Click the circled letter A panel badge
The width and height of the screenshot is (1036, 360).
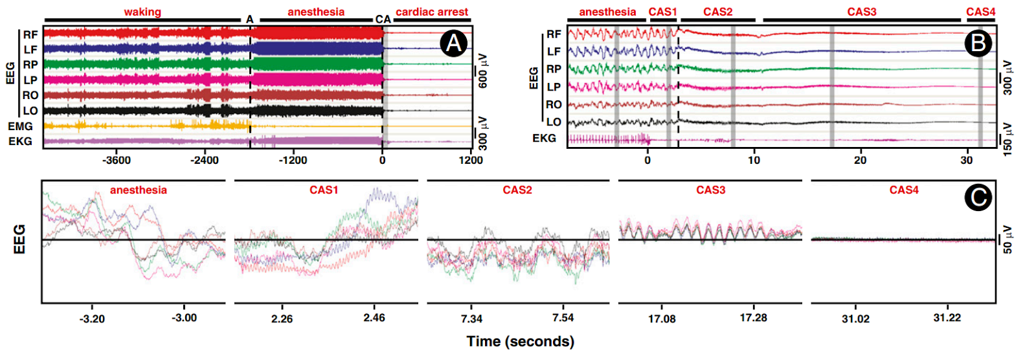point(453,43)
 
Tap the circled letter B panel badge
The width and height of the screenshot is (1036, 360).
point(978,43)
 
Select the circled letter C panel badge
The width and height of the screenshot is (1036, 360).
point(978,197)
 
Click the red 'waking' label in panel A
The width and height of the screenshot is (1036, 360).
point(142,12)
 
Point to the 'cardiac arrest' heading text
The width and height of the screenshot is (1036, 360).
point(432,12)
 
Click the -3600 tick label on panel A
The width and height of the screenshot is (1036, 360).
point(117,160)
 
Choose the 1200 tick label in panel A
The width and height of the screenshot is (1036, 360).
point(471,160)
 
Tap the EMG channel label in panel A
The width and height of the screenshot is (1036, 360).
point(20,126)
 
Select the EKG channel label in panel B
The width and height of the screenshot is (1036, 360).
point(544,138)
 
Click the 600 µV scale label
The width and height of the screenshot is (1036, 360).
point(483,71)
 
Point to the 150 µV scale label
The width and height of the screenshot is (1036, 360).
point(1008,139)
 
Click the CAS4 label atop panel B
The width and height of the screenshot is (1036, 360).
point(980,12)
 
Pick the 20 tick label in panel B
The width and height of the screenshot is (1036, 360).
point(860,160)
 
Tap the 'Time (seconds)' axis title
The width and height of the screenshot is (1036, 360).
point(520,341)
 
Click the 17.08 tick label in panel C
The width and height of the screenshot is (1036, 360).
point(662,319)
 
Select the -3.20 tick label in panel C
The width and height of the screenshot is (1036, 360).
point(92,319)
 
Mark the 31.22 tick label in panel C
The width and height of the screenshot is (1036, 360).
point(947,318)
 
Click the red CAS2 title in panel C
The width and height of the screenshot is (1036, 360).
point(517,190)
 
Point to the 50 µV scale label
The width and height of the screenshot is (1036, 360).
point(1008,240)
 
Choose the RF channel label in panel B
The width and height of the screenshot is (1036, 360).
point(554,34)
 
